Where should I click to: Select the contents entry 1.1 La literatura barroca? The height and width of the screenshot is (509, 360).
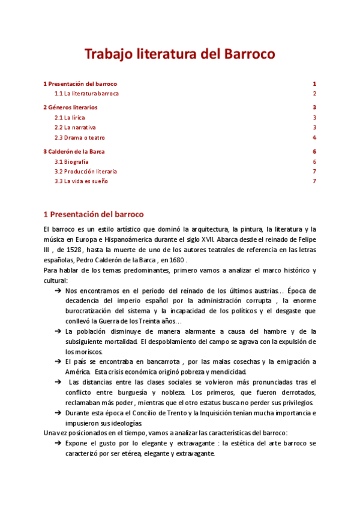tap(86, 94)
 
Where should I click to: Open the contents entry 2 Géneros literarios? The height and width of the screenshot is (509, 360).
tap(70, 107)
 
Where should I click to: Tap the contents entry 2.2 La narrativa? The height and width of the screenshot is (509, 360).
tap(75, 127)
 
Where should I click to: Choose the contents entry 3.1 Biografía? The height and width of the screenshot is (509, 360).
tap(71, 161)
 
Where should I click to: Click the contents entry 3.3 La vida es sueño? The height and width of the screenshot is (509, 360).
tap(81, 181)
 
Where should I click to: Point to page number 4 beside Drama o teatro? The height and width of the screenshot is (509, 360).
tap(314, 137)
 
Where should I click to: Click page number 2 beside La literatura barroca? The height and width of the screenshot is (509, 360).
tap(314, 94)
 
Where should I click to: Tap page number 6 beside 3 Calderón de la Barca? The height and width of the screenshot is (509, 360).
tap(314, 152)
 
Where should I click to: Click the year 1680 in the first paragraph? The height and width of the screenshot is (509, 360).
tap(177, 261)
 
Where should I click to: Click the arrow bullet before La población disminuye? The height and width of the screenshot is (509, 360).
tap(58, 331)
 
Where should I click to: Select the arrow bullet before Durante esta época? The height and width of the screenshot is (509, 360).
tap(58, 413)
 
